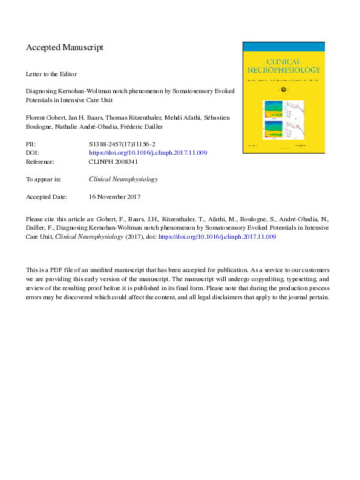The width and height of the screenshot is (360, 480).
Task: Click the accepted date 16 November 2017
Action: [x=114, y=197]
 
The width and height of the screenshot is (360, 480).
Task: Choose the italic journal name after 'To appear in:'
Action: [x=123, y=180]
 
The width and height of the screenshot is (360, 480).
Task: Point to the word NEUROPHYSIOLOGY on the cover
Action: [x=284, y=70]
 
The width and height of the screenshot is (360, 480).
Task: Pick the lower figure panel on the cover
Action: [x=284, y=131]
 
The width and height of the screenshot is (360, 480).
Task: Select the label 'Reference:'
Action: [x=41, y=162]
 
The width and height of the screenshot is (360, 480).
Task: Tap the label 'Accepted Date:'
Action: [x=46, y=197]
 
